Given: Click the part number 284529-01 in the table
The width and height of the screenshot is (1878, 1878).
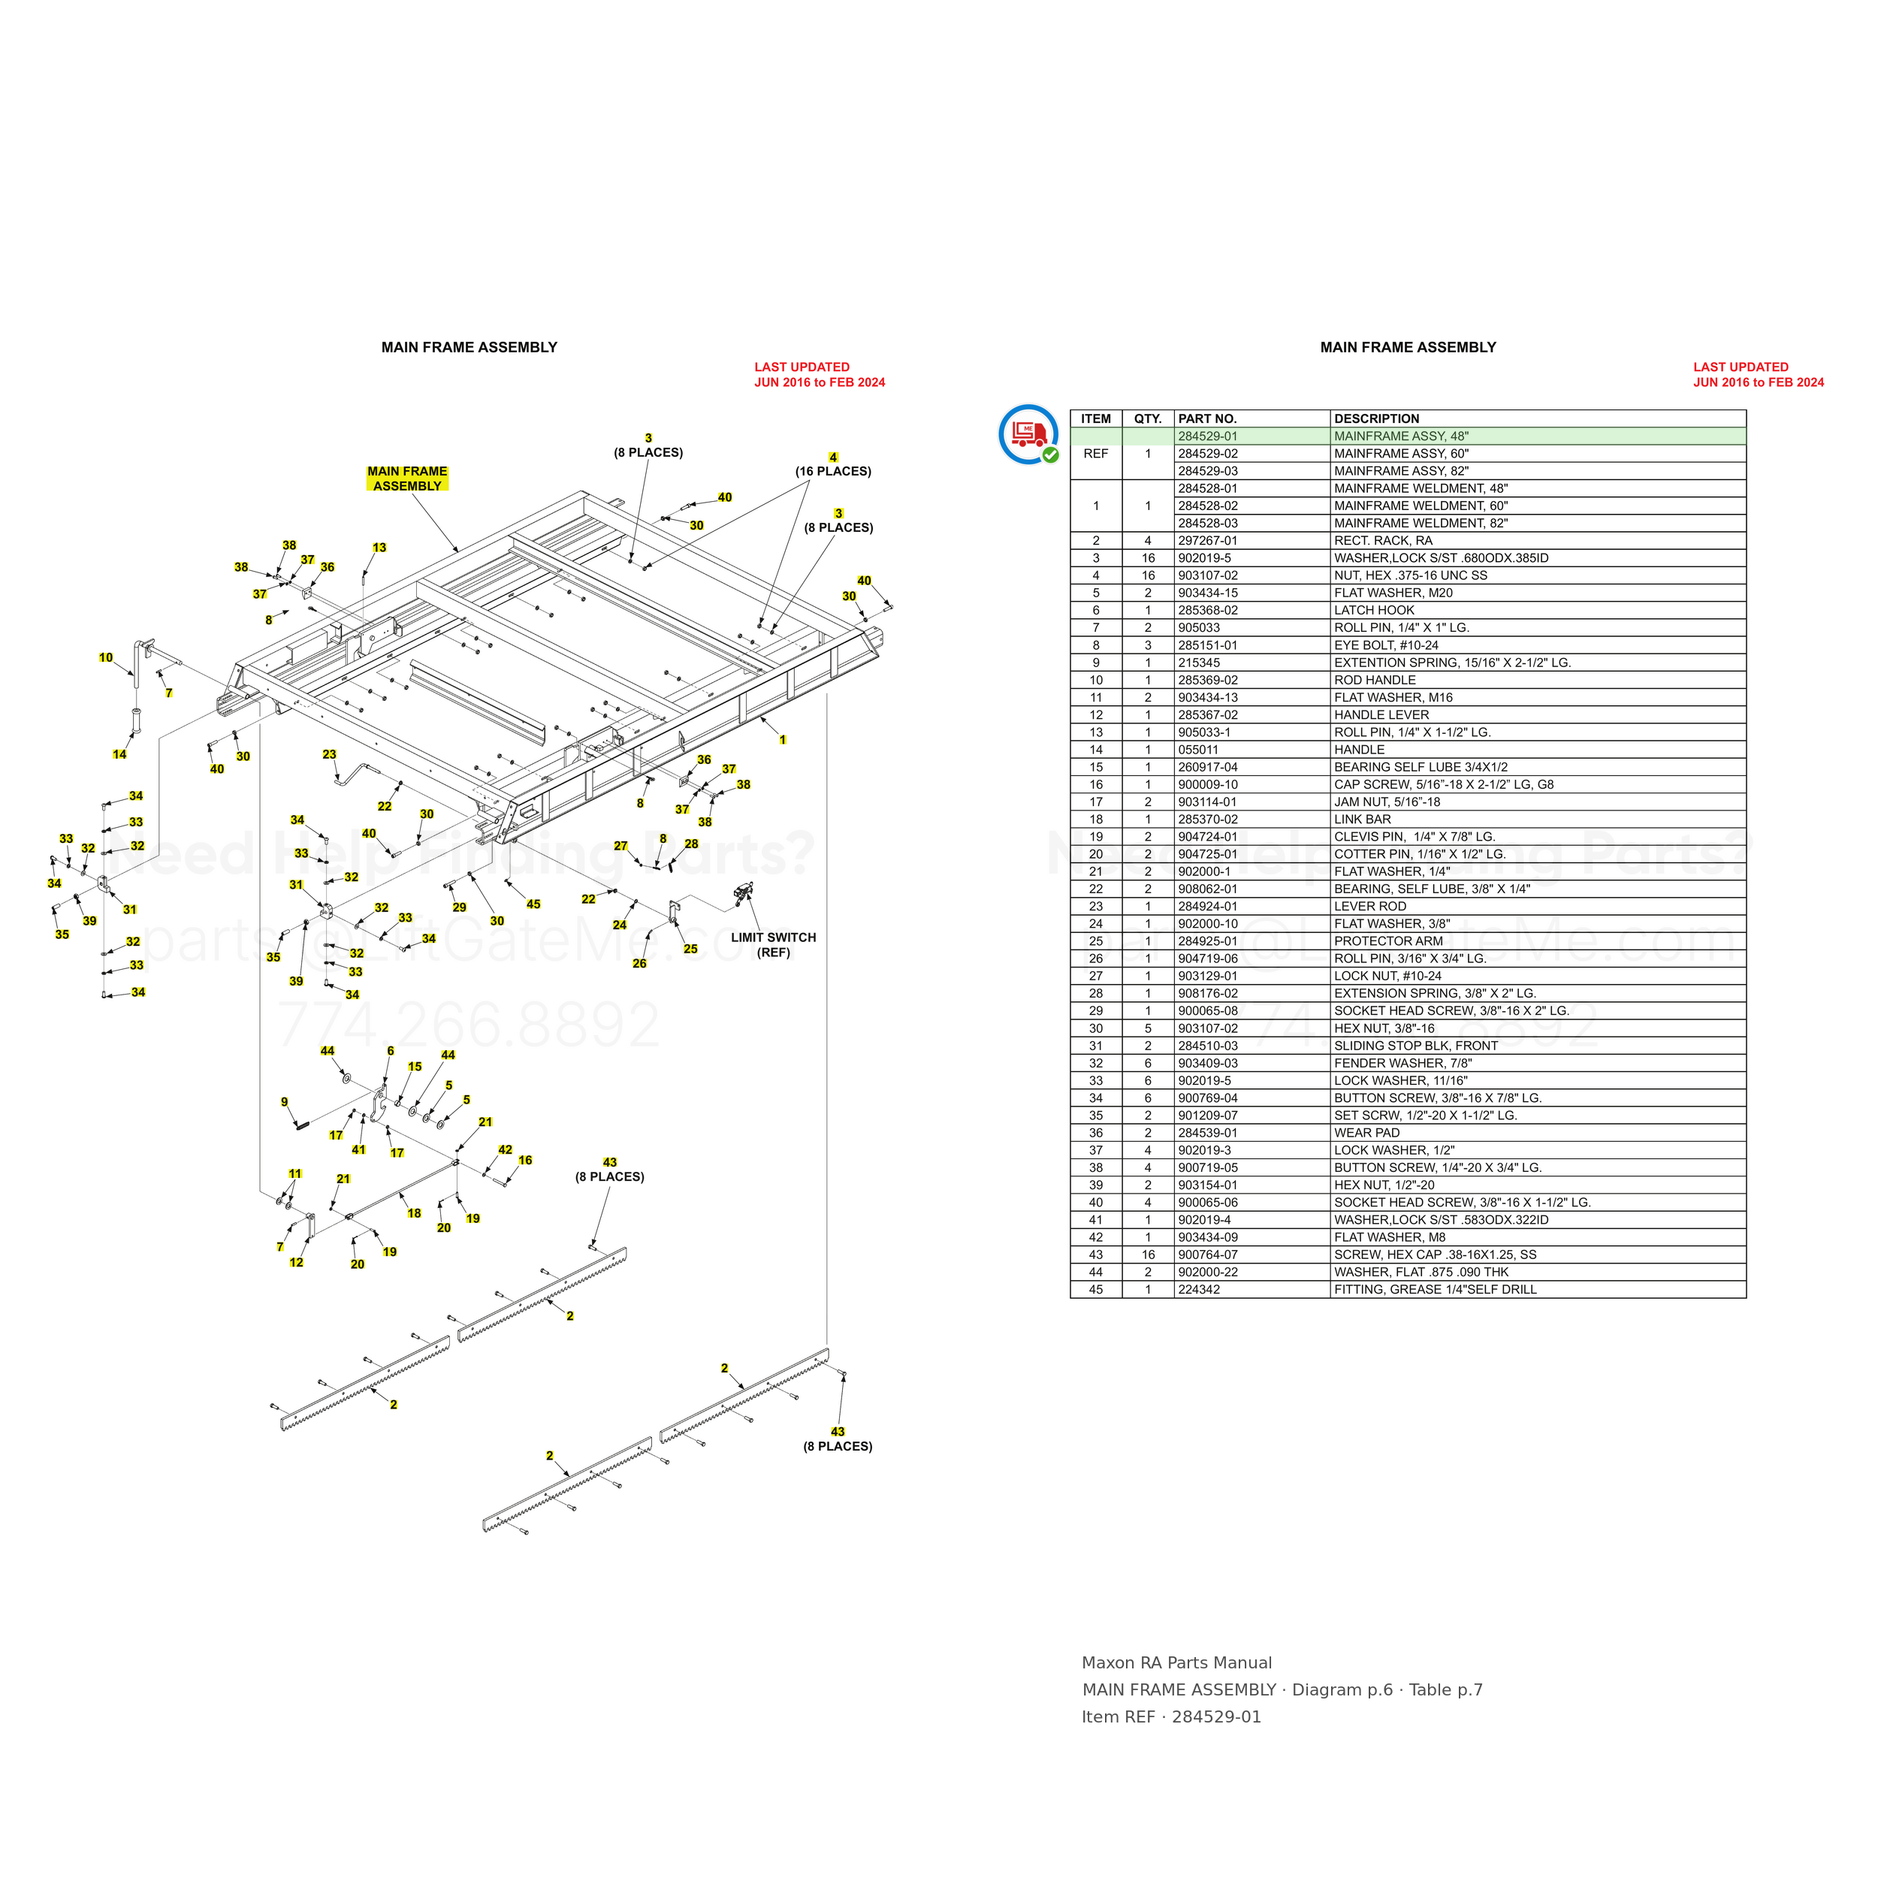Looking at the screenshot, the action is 1207,436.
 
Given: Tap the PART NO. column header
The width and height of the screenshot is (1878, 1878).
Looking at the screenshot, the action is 1207,419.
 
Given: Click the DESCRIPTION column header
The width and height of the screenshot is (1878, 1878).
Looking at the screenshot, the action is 1376,419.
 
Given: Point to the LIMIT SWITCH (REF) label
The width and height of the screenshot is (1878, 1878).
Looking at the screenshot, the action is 774,945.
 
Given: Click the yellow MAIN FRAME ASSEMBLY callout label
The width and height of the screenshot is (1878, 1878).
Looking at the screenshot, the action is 407,479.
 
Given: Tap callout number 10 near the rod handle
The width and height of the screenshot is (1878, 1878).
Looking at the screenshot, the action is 106,658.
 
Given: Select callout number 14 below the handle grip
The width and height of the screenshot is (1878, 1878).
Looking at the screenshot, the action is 119,754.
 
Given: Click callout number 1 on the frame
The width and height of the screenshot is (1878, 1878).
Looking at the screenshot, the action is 783,740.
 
